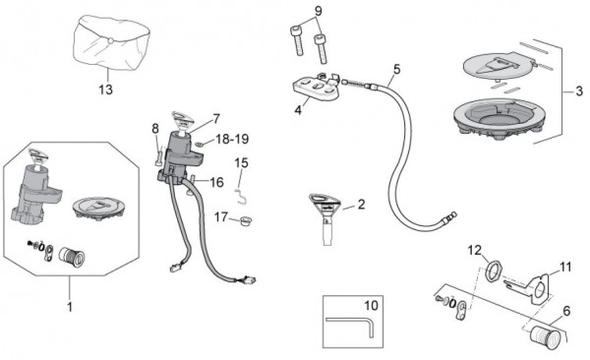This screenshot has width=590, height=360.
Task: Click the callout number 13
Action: click(106, 90)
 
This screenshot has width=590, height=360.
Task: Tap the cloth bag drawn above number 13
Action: click(111, 43)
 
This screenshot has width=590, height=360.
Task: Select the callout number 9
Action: click(319, 11)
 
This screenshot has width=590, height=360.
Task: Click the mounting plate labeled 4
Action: click(317, 88)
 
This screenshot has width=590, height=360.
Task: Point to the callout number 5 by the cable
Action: click(396, 69)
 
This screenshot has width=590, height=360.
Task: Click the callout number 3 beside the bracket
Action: click(579, 91)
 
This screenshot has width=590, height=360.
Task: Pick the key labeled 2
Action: click(325, 218)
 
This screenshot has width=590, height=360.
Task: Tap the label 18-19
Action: click(232, 139)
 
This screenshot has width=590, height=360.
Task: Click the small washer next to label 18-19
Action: click(201, 144)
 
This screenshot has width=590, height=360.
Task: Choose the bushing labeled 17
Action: click(245, 220)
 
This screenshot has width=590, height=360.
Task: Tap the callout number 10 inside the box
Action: click(371, 305)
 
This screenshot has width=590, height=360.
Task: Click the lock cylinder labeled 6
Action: click(546, 334)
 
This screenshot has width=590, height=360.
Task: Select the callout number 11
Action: click(565, 267)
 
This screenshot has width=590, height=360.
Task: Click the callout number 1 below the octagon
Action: click(70, 307)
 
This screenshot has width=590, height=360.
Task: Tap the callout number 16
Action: click(216, 183)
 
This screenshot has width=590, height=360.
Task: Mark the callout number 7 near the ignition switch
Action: click(215, 119)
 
